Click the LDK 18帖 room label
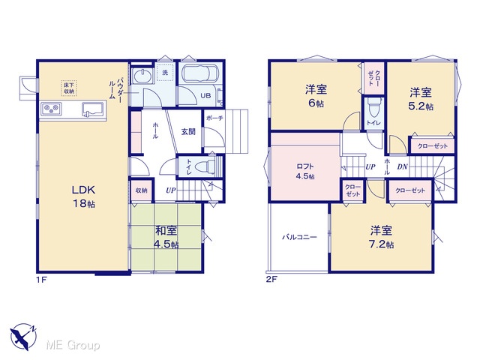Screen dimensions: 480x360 (83, 196)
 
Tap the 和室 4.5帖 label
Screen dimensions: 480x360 (166, 237)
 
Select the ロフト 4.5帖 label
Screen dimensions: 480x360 (305, 172)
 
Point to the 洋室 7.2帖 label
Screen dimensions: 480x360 (382, 237)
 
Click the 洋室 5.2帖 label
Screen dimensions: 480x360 (421, 99)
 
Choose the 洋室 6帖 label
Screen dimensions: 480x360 (316, 97)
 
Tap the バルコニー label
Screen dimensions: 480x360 (300, 237)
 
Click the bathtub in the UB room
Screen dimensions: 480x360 (199, 74)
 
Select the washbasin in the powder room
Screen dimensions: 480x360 (142, 75)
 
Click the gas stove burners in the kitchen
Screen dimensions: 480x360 (51, 109)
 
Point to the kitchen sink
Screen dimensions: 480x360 (93, 109)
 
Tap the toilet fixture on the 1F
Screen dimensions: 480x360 (207, 166)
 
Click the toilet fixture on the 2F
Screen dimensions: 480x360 (373, 107)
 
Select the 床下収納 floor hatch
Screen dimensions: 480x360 (68, 88)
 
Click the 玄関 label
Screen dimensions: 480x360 (188, 132)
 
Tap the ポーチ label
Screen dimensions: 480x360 (214, 118)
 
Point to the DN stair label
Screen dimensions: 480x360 (402, 166)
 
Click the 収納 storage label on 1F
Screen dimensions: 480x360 (142, 190)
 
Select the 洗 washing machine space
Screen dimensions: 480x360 (165, 72)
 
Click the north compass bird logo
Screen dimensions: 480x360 (23, 336)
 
